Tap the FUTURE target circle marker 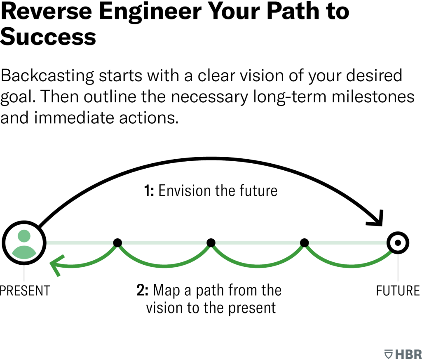(x=398, y=242)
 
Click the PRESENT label (x=25, y=290)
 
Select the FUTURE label (x=398, y=290)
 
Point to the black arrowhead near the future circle (x=376, y=221)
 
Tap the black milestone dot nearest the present (x=117, y=242)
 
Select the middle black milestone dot (x=211, y=242)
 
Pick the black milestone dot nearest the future (x=305, y=242)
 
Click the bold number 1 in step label (x=147, y=191)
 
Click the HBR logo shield (x=388, y=354)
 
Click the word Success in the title (x=48, y=37)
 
